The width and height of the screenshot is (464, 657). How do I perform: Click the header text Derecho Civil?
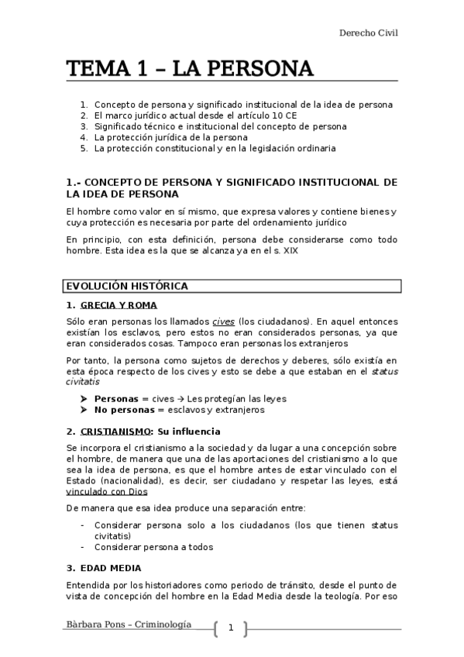click(368, 33)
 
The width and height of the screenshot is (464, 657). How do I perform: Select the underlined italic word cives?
click(223, 322)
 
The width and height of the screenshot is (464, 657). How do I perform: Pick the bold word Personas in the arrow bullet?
click(116, 399)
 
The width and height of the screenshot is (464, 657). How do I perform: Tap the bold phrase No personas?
click(123, 410)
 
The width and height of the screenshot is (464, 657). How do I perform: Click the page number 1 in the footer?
click(230, 628)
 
